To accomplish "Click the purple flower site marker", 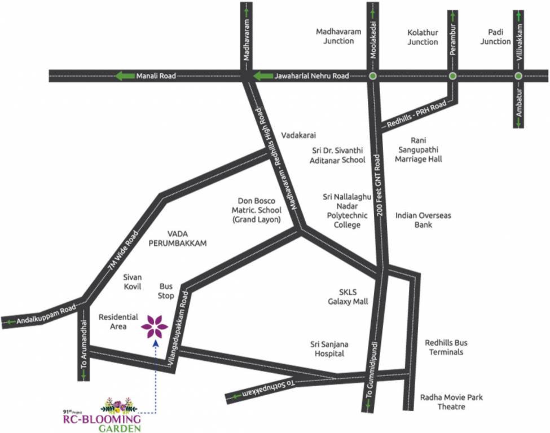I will [x=154, y=326].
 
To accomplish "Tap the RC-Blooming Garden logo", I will [x=102, y=416].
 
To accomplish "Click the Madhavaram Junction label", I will [x=335, y=37].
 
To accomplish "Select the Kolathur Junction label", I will [x=423, y=38].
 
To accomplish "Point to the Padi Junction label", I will [x=495, y=37].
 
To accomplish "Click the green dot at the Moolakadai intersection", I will [x=372, y=76].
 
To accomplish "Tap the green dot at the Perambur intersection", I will [x=452, y=76].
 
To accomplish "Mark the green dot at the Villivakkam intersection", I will [x=518, y=76].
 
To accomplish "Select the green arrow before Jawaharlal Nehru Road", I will [x=263, y=76].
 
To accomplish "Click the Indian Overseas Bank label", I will [x=423, y=220].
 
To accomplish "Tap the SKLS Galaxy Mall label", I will [x=347, y=297].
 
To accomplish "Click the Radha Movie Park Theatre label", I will [x=451, y=402].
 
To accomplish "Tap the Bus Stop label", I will [x=166, y=291].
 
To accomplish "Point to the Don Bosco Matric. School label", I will [x=259, y=210].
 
